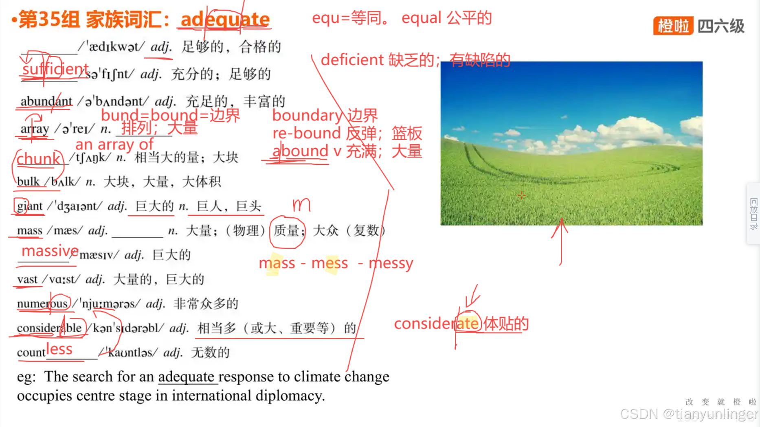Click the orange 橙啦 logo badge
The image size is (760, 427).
(673, 26)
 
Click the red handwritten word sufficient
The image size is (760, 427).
(55, 69)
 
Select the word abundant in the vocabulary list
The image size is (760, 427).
(46, 101)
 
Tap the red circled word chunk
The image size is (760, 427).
(38, 159)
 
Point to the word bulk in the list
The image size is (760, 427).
(28, 181)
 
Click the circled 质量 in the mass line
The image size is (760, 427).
(288, 231)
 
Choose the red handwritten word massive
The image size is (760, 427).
(50, 251)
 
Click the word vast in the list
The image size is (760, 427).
(27, 279)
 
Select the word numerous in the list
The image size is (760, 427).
(42, 304)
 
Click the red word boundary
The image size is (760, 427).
(307, 115)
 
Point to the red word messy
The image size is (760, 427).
(391, 263)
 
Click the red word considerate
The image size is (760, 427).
(436, 324)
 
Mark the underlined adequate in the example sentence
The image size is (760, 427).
(186, 377)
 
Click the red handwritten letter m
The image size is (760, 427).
(301, 204)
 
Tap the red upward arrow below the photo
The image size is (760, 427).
(561, 240)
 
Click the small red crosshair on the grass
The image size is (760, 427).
(522, 196)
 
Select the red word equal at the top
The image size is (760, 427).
(421, 18)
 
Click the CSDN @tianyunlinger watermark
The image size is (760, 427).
(688, 414)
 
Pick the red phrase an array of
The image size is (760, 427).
(114, 144)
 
